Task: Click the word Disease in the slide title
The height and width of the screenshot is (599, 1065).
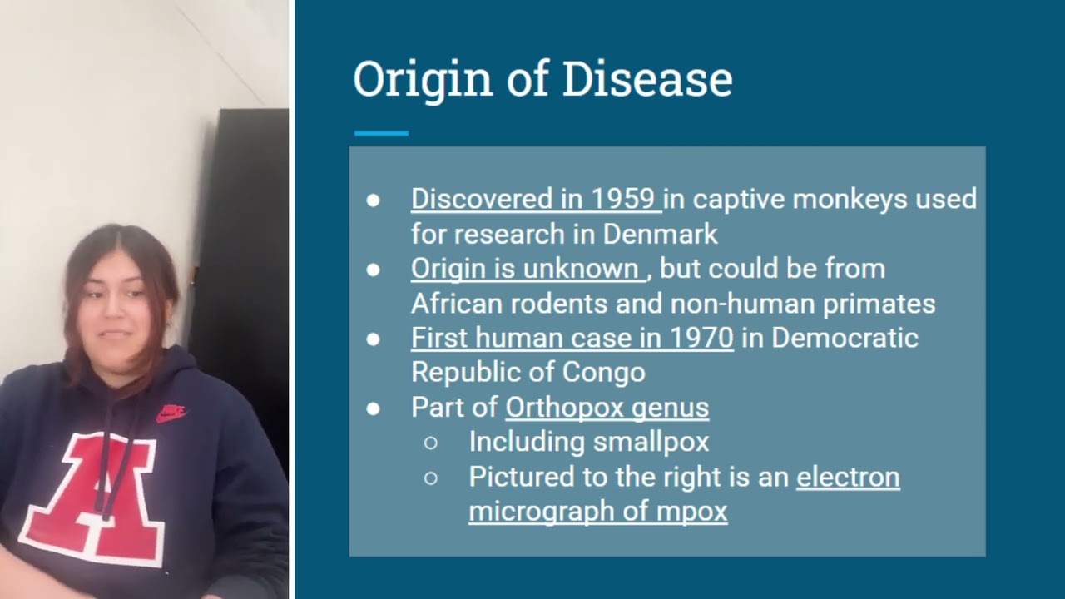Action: click(x=647, y=80)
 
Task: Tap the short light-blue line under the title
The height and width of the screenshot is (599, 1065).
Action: click(x=381, y=133)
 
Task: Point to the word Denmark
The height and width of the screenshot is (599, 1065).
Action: click(x=660, y=235)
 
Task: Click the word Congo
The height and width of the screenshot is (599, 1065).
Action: click(x=603, y=373)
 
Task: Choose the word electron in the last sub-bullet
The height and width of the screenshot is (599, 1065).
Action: click(x=848, y=478)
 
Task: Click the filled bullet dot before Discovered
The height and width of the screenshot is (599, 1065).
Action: click(x=374, y=200)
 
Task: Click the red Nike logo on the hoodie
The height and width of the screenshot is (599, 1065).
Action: click(x=171, y=413)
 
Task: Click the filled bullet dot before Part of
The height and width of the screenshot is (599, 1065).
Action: click(x=374, y=408)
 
